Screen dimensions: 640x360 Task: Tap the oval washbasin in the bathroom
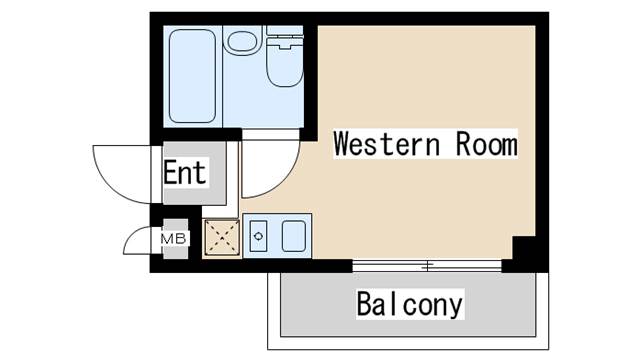[x=241, y=42]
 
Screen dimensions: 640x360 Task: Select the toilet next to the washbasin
[x=283, y=62]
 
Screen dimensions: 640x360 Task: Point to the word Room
[x=486, y=145]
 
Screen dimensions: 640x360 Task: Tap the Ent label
[x=185, y=173]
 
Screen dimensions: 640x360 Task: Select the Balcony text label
[x=410, y=304]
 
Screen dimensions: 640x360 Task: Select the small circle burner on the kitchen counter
[x=258, y=237]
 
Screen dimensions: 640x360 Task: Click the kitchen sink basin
[x=294, y=237]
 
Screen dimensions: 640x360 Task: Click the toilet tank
[x=284, y=41]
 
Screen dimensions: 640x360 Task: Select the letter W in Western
[x=343, y=145]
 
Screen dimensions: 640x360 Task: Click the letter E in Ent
[x=171, y=173]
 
